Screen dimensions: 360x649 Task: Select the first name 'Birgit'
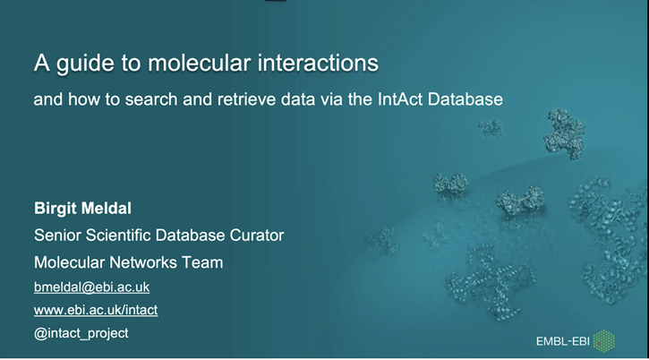pyautogui.click(x=59, y=210)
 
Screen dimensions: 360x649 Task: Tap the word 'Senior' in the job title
pyautogui.click(x=58, y=236)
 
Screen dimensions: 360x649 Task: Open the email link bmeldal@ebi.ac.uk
pyautogui.click(x=91, y=287)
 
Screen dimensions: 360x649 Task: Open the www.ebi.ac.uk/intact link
pyautogui.click(x=95, y=310)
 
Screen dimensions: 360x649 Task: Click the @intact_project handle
pyautogui.click(x=81, y=332)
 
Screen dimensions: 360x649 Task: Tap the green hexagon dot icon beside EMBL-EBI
pyautogui.click(x=606, y=340)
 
